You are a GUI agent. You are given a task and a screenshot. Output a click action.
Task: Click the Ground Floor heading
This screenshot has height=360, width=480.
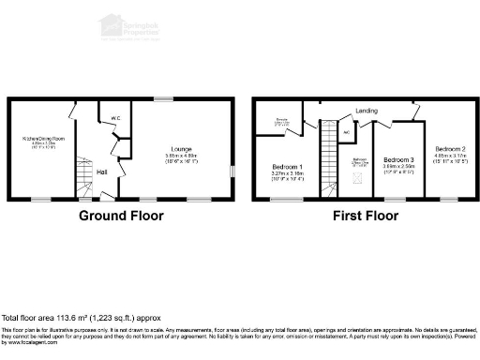tap(120, 216)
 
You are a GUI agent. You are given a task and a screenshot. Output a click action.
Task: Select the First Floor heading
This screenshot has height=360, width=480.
tap(367, 216)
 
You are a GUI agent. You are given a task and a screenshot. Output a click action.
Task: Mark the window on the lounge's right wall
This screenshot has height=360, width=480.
tap(232, 172)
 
